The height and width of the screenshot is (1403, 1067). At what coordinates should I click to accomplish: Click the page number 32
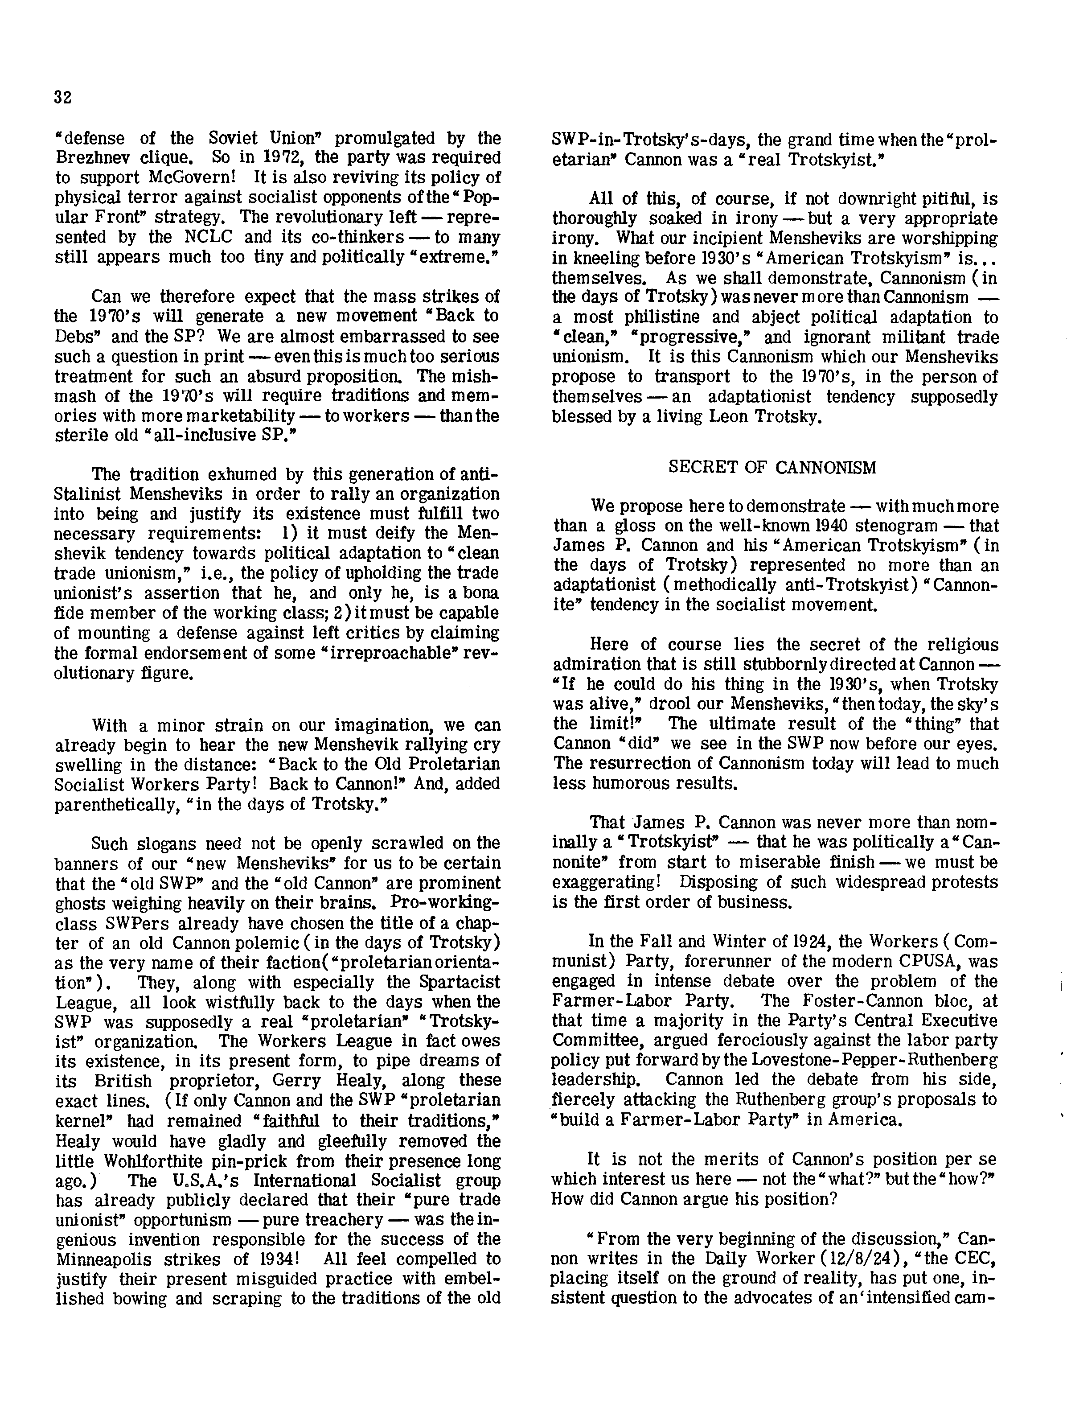coord(63,97)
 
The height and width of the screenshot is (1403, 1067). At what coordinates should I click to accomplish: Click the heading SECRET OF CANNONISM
coord(772,468)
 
